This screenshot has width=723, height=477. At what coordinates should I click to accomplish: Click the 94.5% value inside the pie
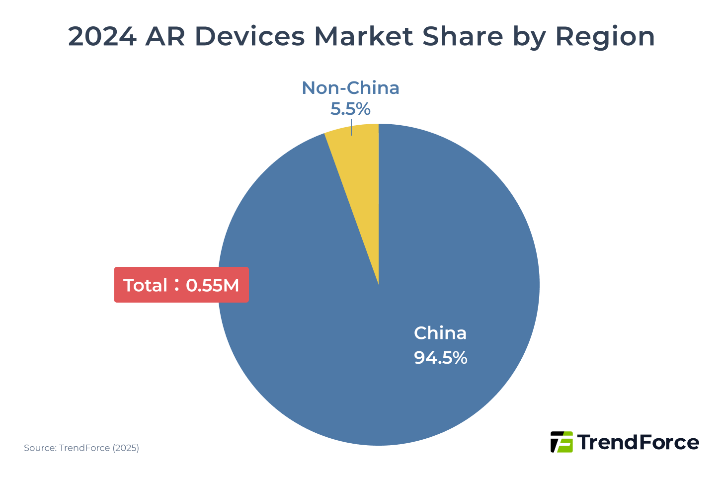[440, 358]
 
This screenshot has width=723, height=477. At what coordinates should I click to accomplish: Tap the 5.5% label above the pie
[350, 108]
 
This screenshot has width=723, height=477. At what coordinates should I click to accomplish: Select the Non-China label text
[350, 88]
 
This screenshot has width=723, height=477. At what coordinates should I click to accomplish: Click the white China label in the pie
[440, 333]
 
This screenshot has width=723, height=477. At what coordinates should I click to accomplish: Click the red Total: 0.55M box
[181, 285]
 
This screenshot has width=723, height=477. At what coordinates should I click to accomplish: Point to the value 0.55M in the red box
[213, 285]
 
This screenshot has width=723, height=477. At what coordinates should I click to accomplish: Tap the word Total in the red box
[145, 285]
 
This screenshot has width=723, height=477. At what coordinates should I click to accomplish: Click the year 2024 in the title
[102, 37]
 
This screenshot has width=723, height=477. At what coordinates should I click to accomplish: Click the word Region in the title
[605, 37]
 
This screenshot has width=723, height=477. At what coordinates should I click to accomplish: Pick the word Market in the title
[364, 37]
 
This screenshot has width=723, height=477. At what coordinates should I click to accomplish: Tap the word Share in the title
[462, 37]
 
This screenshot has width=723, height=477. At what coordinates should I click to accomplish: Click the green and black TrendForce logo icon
[562, 442]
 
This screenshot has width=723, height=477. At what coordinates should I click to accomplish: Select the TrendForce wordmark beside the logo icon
[639, 442]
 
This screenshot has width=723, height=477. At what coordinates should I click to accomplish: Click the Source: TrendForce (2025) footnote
[81, 448]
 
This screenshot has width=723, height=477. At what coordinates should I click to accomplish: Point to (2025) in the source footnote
[126, 448]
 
